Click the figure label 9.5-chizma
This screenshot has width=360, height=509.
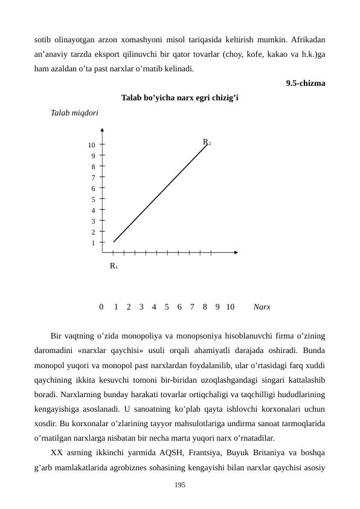(306, 83)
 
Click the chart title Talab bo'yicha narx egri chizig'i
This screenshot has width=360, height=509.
(180, 98)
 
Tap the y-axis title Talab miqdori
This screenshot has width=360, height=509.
(76, 112)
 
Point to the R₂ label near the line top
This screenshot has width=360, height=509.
(207, 143)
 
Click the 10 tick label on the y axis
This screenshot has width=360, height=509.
(91, 145)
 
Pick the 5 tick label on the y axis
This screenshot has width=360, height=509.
(93, 199)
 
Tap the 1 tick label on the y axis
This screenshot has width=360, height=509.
(93, 243)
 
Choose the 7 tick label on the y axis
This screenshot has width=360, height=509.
(93, 178)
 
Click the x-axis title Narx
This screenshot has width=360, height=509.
(262, 307)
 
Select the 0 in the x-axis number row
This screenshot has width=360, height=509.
(101, 307)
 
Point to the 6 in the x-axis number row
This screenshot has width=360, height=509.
(179, 307)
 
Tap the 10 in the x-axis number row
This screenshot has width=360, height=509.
(230, 307)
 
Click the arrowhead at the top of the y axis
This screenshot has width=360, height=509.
(103, 129)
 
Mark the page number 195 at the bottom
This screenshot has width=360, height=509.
(180, 485)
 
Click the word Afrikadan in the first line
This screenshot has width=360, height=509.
(308, 40)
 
